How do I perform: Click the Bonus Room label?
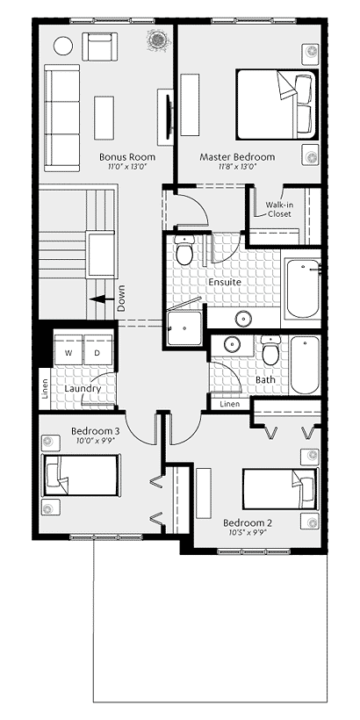click(x=127, y=157)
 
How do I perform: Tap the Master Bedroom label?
click(x=237, y=157)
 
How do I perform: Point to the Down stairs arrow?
click(x=102, y=299)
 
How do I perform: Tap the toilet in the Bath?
click(x=270, y=349)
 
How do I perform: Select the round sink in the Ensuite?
click(x=242, y=318)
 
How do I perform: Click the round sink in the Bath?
click(x=233, y=344)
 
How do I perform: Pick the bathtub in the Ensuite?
click(x=303, y=288)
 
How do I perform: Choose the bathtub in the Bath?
click(x=305, y=365)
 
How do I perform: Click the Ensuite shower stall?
click(x=184, y=328)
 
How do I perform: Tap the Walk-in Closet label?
click(x=279, y=209)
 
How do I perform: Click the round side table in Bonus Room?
click(x=63, y=46)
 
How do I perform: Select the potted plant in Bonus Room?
click(x=158, y=40)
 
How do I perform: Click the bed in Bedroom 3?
click(x=81, y=475)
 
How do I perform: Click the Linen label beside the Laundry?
click(x=45, y=387)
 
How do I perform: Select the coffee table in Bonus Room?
click(x=104, y=118)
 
